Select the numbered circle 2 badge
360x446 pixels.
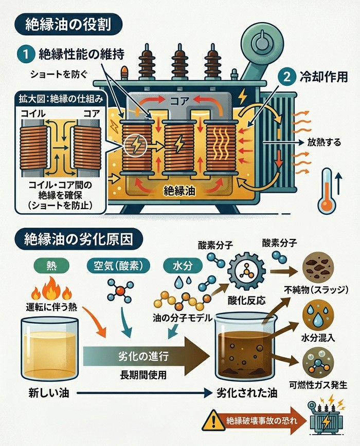pyautogui.click(x=286, y=77)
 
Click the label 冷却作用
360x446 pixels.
pyautogui.click(x=322, y=77)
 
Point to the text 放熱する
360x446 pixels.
pyautogui.click(x=324, y=143)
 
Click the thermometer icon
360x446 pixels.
pyautogui.click(x=326, y=191)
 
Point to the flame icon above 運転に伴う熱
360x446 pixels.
pyautogui.click(x=51, y=289)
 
